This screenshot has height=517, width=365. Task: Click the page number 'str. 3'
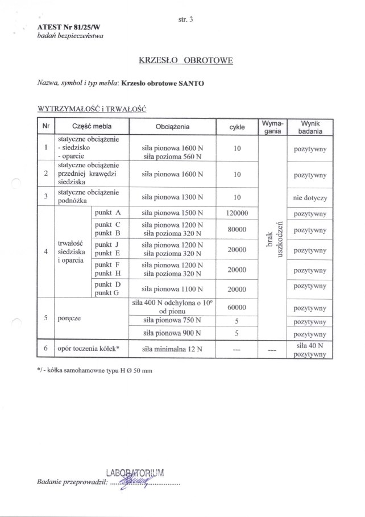click(185, 20)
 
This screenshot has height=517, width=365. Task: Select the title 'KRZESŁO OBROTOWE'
click(186, 60)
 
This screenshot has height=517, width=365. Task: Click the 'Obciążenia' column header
click(173, 127)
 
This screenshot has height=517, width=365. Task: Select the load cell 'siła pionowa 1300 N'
click(173, 197)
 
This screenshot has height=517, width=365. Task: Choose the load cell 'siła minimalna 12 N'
click(173, 349)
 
